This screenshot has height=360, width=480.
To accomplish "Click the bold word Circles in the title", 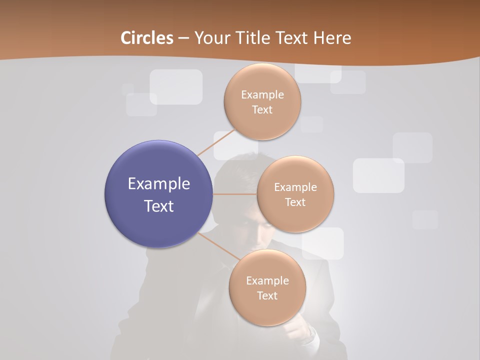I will point(147,38).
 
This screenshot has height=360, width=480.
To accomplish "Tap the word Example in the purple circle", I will point(159,184).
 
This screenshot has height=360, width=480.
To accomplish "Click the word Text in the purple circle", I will point(159,206).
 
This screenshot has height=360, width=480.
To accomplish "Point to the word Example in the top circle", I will point(262,95).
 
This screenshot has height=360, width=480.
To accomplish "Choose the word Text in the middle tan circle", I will point(295,202).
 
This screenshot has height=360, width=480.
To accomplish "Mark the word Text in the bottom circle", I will point(267,296).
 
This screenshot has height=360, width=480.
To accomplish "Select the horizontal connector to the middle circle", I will point(234,194).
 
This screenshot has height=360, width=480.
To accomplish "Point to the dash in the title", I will point(183,38).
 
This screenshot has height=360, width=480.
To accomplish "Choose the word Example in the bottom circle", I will point(267,280).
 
